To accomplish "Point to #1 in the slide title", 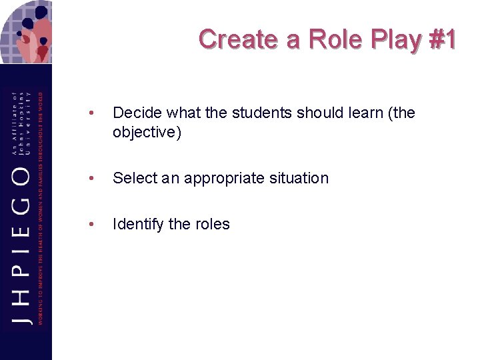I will [442, 39].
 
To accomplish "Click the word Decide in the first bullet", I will [136, 113].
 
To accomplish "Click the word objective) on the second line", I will [147, 132].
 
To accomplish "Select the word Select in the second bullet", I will [135, 178].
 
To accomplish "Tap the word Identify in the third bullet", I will [138, 225].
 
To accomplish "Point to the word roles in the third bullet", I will [212, 225].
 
